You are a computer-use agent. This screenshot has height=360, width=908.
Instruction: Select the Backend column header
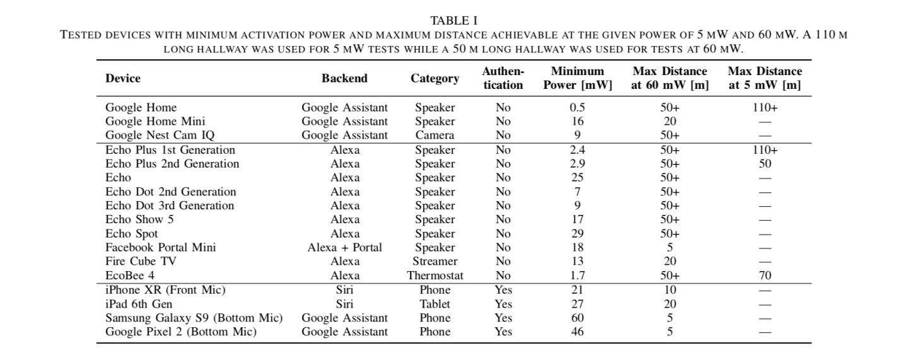[344, 78]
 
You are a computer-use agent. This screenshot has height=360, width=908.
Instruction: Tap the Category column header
[434, 78]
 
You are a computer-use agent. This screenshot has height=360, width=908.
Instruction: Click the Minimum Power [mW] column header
[577, 78]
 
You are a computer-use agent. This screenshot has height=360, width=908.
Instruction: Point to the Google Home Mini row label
[155, 122]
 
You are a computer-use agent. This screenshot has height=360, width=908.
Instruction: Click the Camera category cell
[434, 136]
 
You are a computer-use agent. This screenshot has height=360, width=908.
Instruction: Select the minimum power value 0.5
[577, 108]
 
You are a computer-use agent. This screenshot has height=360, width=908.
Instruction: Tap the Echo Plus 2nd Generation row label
[172, 164]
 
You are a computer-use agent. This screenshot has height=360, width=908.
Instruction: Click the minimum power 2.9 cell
[577, 164]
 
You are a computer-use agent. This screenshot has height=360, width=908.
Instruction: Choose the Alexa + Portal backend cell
[344, 248]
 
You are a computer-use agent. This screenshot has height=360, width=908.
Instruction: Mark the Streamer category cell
[434, 262]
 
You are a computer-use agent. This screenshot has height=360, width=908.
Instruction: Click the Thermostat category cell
[434, 276]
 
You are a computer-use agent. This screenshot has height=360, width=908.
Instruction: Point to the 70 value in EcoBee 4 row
[765, 276]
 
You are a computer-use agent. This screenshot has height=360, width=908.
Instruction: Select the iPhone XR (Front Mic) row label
[165, 290]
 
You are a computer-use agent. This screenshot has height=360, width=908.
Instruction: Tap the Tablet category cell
[434, 304]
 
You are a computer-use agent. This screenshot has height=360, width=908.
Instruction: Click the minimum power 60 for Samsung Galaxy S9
[577, 318]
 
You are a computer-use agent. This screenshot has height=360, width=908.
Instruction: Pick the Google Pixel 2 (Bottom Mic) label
[181, 332]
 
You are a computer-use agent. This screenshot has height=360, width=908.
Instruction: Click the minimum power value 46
[577, 332]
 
